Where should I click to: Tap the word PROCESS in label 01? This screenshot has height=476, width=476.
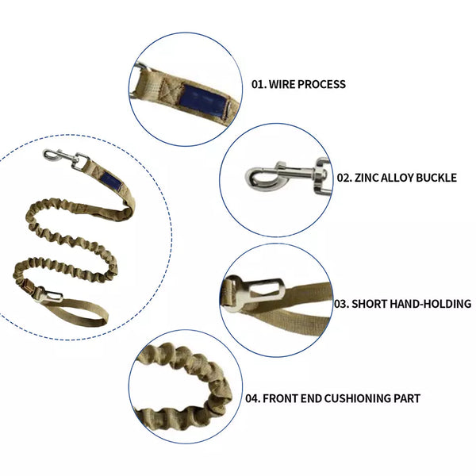tap(321, 84)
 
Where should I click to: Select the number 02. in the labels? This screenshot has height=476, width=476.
tap(344, 178)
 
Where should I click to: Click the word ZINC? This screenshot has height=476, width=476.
tap(366, 178)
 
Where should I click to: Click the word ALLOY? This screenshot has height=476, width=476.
tap(397, 178)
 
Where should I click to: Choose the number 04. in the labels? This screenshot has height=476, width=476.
tap(252, 398)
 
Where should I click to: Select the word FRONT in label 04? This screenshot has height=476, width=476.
tap(280, 398)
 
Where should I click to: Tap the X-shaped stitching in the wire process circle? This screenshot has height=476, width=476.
tap(169, 90)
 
